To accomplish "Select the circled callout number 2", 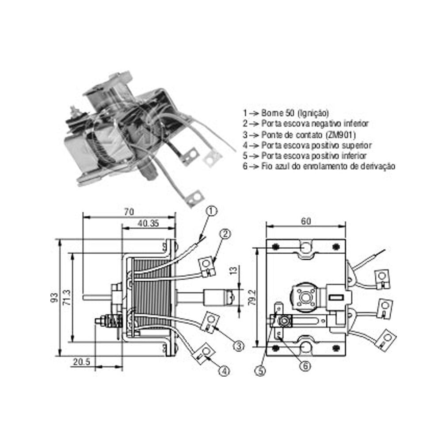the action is (x=225, y=233).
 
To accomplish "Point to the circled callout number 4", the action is (x=224, y=371).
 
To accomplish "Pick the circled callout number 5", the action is (x=260, y=371).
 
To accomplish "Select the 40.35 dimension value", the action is (x=148, y=223).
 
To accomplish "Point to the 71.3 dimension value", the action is (x=67, y=298).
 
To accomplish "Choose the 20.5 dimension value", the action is (x=82, y=362).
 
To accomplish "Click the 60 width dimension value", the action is (x=306, y=221).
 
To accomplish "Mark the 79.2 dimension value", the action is (x=253, y=298).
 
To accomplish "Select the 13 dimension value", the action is (x=234, y=271).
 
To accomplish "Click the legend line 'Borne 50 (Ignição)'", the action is (x=286, y=113).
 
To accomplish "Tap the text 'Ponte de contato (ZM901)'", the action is (x=299, y=135).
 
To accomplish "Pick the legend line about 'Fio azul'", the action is (x=319, y=166).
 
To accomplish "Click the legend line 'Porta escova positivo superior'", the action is (x=307, y=145).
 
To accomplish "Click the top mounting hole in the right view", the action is (x=306, y=247).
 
